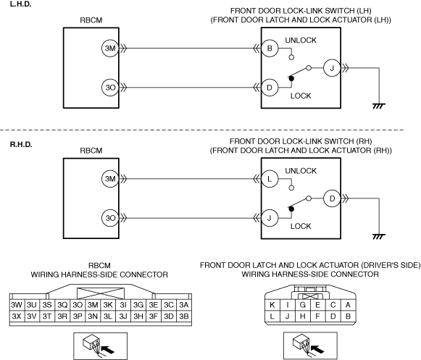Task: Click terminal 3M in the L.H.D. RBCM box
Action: (110, 49)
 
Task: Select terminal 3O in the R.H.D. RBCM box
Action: (110, 218)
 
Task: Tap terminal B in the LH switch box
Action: (270, 49)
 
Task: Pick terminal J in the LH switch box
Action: (332, 68)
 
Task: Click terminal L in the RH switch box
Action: (270, 179)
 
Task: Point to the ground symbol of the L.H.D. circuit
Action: (379, 106)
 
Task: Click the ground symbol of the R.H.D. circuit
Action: (379, 237)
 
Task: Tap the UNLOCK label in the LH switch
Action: (301, 41)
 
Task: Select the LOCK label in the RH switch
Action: (301, 226)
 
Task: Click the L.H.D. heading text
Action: (21, 4)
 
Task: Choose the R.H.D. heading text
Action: (21, 145)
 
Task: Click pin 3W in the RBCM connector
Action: (17, 305)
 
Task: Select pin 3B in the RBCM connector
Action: (184, 317)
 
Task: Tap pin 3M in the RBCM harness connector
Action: (93, 305)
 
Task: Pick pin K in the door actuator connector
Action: (272, 305)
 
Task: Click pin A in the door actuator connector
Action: (348, 305)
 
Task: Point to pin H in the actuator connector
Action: (303, 317)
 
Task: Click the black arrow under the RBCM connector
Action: (109, 350)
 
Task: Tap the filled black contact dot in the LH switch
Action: (291, 78)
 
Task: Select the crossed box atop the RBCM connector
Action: (101, 293)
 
